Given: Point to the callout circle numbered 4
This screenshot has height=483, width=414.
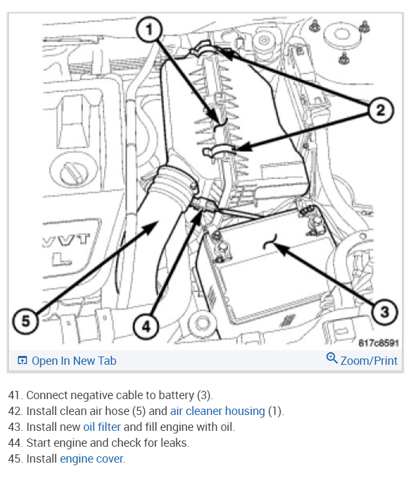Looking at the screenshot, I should pyautogui.click(x=146, y=327).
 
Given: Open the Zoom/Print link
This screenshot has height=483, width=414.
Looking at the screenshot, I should pyautogui.click(x=369, y=360).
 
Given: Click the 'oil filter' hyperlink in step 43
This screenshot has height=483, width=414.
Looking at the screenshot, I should pyautogui.click(x=102, y=427).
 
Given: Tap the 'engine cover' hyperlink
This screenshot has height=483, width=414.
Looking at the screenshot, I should pyautogui.click(x=91, y=458).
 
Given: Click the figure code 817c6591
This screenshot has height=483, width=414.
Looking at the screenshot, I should pyautogui.click(x=378, y=343).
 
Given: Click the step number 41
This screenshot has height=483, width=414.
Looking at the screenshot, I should pyautogui.click(x=15, y=395).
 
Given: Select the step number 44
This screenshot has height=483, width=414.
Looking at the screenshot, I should pyautogui.click(x=15, y=442).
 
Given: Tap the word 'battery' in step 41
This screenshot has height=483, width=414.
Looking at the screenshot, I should pyautogui.click(x=178, y=395).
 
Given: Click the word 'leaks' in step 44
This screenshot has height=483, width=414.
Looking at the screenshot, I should pyautogui.click(x=175, y=442).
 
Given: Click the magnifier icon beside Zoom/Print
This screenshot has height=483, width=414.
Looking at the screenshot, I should pyautogui.click(x=331, y=358).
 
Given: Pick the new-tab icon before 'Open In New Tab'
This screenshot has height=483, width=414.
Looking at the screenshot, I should pyautogui.click(x=22, y=360).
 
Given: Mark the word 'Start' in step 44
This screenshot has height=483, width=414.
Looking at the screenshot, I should pyautogui.click(x=39, y=442).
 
